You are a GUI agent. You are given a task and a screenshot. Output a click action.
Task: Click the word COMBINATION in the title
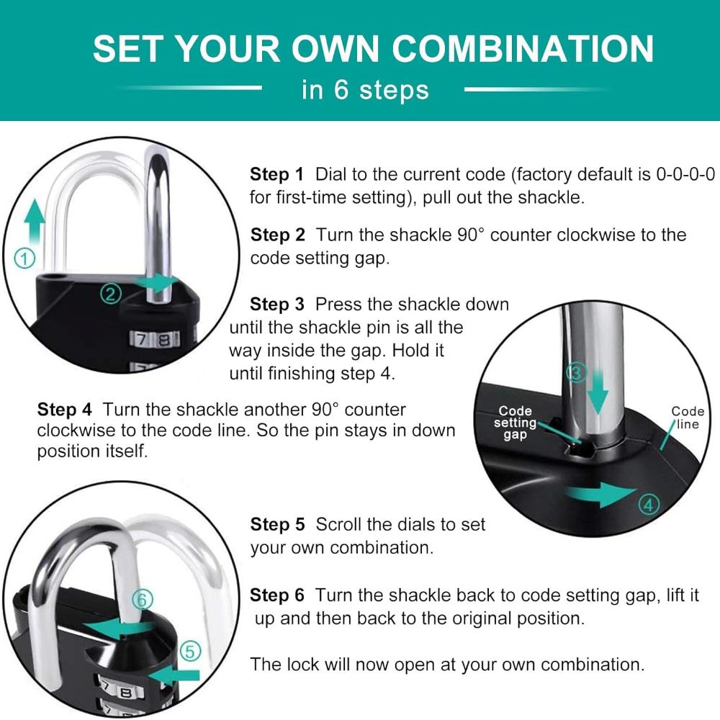523,49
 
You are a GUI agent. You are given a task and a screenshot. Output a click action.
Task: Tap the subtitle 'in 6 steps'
365,89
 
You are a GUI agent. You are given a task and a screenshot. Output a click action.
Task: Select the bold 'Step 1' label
276,174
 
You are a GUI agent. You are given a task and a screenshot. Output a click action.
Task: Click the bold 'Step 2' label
277,235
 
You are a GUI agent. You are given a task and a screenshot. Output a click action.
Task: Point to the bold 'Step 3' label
277,304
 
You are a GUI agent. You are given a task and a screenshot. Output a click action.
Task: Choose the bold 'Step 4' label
64,409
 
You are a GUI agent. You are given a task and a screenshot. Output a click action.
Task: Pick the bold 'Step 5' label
277,524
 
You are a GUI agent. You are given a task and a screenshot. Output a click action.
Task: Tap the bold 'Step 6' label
277,595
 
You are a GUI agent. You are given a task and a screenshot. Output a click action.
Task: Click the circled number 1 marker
24,258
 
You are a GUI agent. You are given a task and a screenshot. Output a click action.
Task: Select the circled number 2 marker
111,294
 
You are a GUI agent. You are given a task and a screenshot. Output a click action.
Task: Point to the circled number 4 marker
649,505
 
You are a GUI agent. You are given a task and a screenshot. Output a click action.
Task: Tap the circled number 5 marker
190,651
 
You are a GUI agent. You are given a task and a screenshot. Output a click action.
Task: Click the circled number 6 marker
143,599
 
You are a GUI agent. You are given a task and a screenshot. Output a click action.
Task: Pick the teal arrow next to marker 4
601,495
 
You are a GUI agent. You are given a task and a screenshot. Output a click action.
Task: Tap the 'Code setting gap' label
515,423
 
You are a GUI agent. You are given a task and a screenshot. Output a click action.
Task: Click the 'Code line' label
688,418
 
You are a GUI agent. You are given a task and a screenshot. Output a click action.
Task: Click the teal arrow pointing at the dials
174,675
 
